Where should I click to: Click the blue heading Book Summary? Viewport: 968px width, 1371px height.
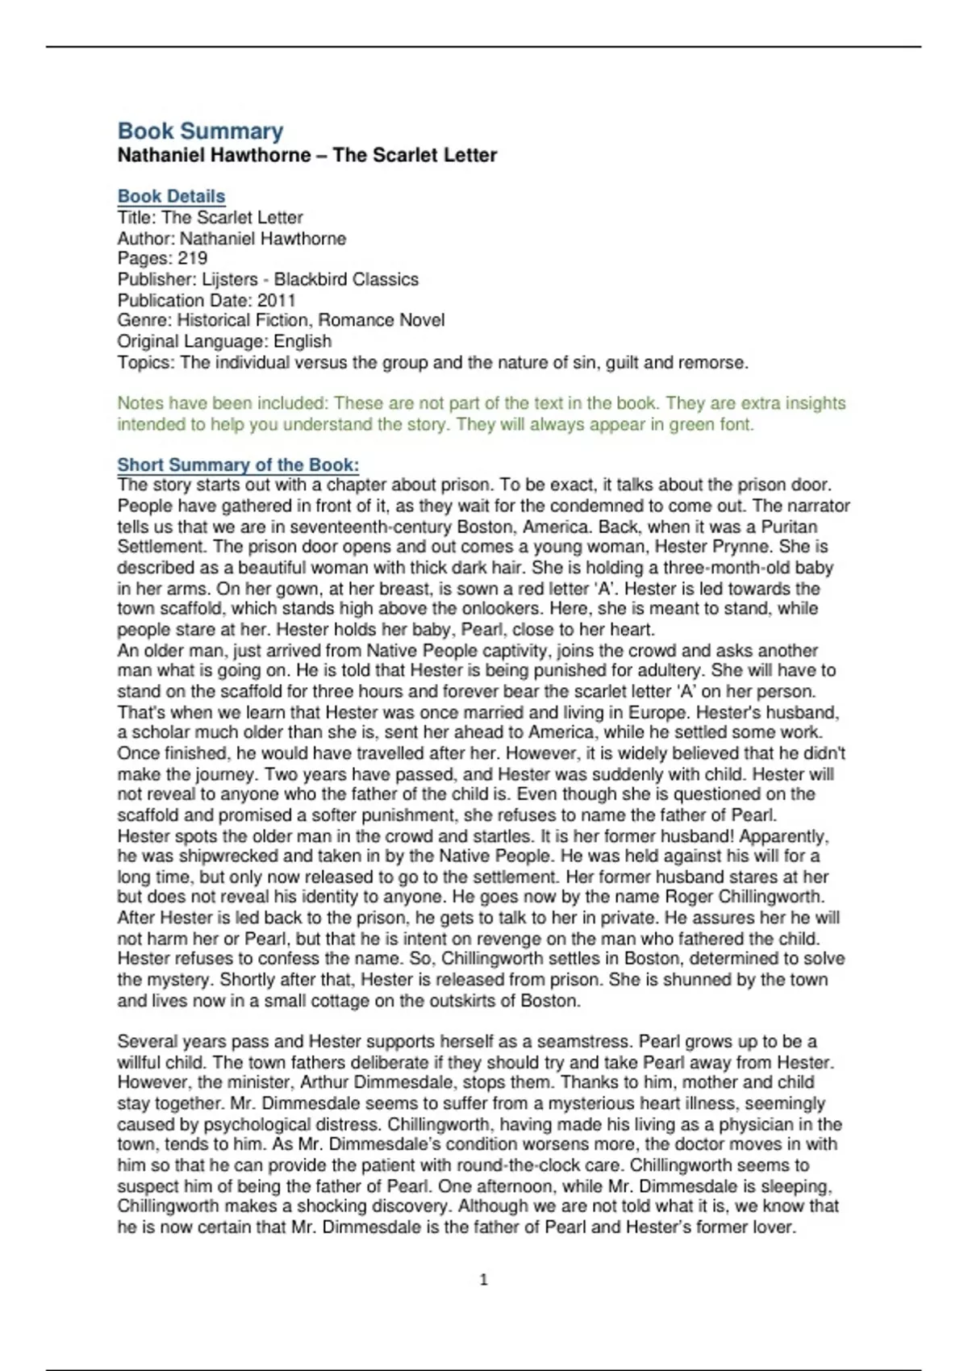[x=200, y=131]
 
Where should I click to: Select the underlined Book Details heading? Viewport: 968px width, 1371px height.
[x=171, y=196]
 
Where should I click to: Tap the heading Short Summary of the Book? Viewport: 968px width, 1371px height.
[x=238, y=465]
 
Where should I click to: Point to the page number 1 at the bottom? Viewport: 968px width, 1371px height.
[x=483, y=1279]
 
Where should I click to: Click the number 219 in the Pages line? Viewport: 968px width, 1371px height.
[x=192, y=258]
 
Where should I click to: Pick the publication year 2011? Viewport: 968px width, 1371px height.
[x=277, y=300]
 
